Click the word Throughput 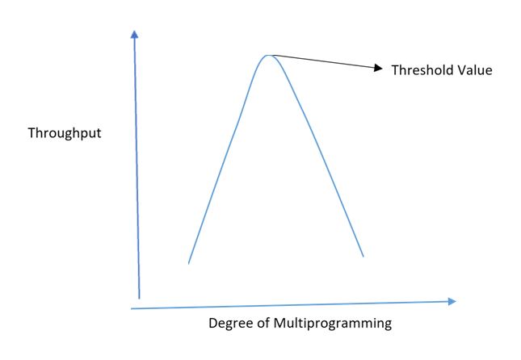[65, 133]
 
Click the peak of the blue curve [268, 55]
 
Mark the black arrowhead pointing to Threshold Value [377, 69]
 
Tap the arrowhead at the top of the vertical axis [134, 34]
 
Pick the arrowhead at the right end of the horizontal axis [452, 301]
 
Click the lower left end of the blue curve [188, 262]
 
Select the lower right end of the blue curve [363, 256]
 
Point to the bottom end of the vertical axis [140, 298]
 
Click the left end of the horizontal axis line [132, 308]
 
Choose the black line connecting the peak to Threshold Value [323, 62]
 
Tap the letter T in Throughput [32, 132]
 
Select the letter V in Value [459, 70]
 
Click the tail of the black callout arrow [272, 55]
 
